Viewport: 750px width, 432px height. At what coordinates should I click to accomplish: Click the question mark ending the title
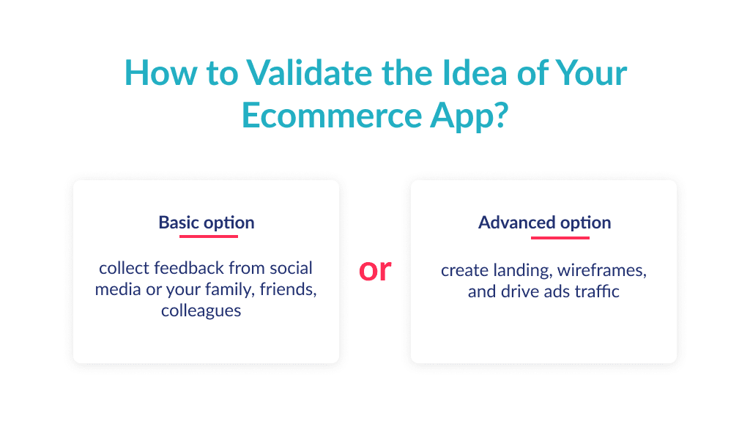pyautogui.click(x=499, y=115)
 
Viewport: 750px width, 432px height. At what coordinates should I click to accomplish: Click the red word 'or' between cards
pyautogui.click(x=375, y=270)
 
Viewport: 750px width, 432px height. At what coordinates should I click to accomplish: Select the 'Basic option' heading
pyautogui.click(x=207, y=223)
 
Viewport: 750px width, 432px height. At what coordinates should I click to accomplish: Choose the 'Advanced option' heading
pyautogui.click(x=544, y=223)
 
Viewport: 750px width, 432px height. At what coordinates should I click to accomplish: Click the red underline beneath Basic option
pyautogui.click(x=209, y=236)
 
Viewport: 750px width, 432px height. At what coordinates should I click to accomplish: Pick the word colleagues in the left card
pyautogui.click(x=201, y=310)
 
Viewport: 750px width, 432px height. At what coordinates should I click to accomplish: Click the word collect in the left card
pyautogui.click(x=122, y=267)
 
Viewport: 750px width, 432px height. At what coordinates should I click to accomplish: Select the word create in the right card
pyautogui.click(x=464, y=271)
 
